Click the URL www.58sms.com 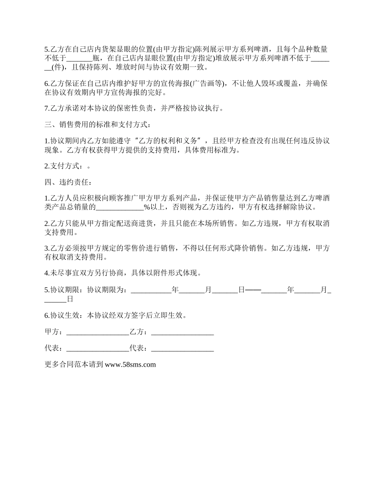click(x=130, y=365)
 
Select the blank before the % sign click(x=120, y=207)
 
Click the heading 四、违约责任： click(x=68, y=183)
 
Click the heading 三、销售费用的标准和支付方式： click(x=97, y=125)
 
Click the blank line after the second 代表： click(x=182, y=348)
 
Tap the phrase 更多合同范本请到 click(x=74, y=365)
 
